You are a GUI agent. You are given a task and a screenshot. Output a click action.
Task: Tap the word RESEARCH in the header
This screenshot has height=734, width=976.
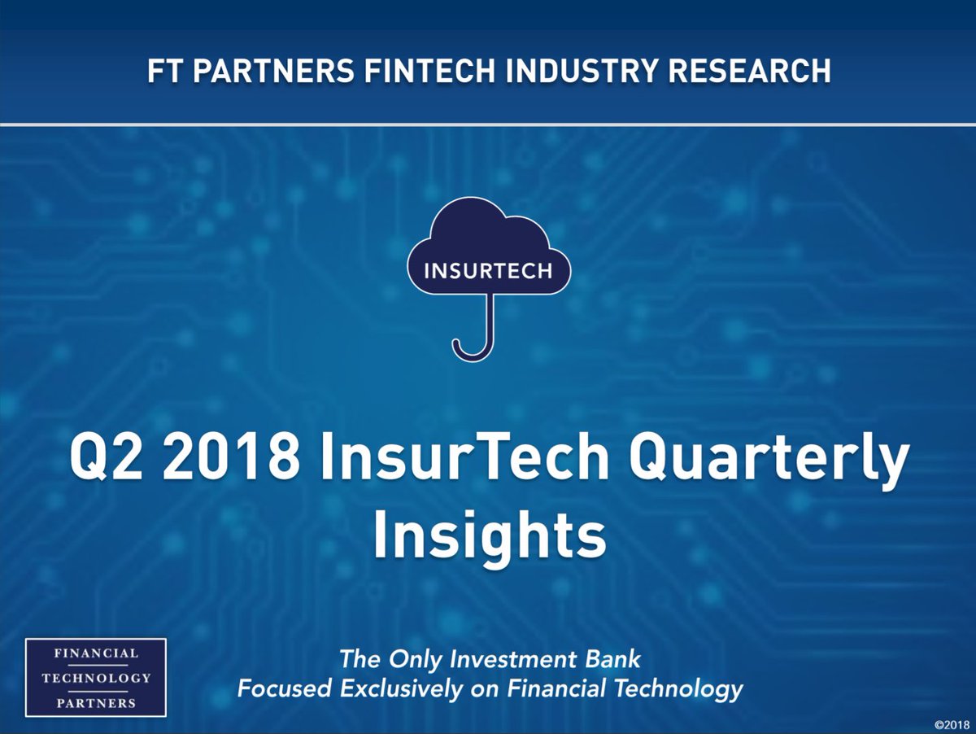(x=746, y=71)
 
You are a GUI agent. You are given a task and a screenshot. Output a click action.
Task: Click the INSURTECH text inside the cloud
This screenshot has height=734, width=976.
(x=488, y=271)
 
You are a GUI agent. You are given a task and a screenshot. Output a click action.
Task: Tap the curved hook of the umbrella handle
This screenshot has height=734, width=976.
(x=471, y=349)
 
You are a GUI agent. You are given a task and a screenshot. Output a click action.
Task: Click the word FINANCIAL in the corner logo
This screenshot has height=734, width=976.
(x=96, y=653)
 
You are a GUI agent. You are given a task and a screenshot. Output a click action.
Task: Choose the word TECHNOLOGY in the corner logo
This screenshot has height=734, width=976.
(x=96, y=678)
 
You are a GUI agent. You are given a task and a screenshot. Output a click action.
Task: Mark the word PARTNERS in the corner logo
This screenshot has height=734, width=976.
(x=96, y=703)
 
